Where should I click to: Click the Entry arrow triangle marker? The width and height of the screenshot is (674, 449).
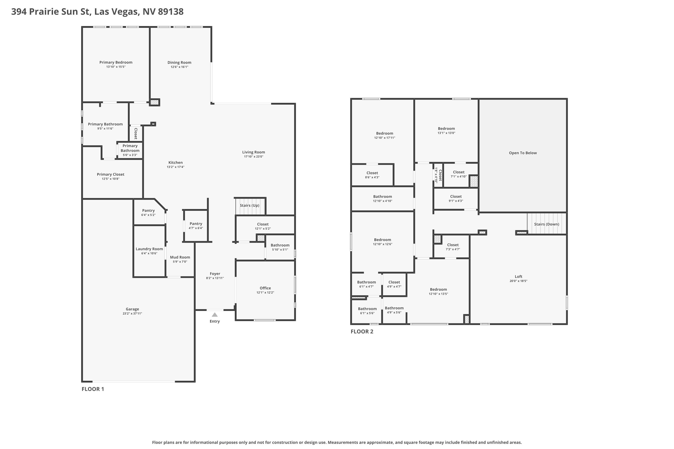pos(215,315)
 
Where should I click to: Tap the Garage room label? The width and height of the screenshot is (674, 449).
pos(132,309)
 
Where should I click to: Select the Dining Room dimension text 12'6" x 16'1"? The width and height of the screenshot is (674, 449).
pos(179,67)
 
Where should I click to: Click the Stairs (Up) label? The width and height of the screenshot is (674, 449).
pos(250,205)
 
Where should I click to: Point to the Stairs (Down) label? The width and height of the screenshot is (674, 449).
pos(546,224)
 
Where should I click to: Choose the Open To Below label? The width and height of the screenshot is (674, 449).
pos(523,153)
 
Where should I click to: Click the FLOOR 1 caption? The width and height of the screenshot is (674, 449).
pos(93,389)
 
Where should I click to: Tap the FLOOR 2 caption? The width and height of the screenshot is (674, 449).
pos(362,332)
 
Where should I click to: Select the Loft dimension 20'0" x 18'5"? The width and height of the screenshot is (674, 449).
pos(518,281)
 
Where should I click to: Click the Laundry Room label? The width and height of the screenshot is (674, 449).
pos(149,249)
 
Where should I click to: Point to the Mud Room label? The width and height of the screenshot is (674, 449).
pos(180,257)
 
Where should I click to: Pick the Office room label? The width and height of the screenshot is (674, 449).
pos(265,288)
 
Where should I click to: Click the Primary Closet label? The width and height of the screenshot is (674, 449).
pos(111,174)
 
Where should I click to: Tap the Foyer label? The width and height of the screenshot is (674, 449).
pos(215,274)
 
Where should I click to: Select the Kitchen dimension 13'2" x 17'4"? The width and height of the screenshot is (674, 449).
pos(175,167)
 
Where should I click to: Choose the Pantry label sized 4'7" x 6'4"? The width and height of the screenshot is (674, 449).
pos(196,224)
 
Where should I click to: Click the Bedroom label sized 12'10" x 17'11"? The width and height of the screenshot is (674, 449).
pos(385,133)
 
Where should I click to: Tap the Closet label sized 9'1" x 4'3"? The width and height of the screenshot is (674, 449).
pos(456,196)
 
